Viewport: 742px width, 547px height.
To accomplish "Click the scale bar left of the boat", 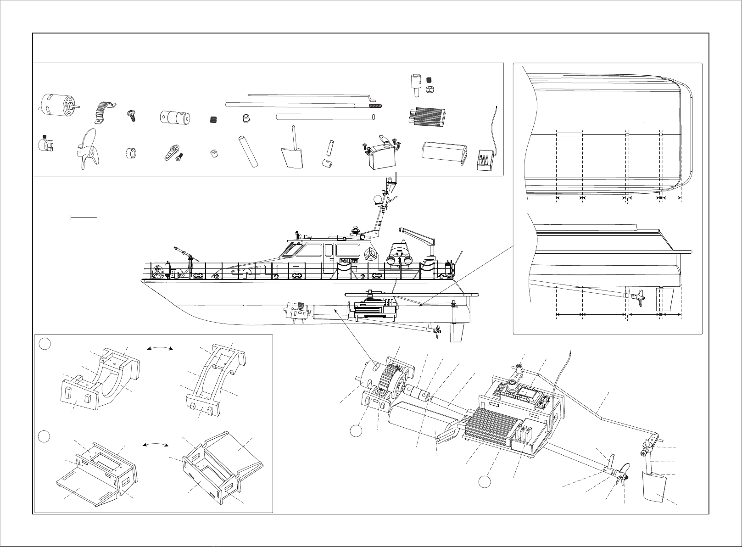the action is (x=84, y=217).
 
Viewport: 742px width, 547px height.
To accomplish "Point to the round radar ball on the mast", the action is (x=377, y=198).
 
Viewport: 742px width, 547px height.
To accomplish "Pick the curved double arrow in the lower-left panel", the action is (x=154, y=445).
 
